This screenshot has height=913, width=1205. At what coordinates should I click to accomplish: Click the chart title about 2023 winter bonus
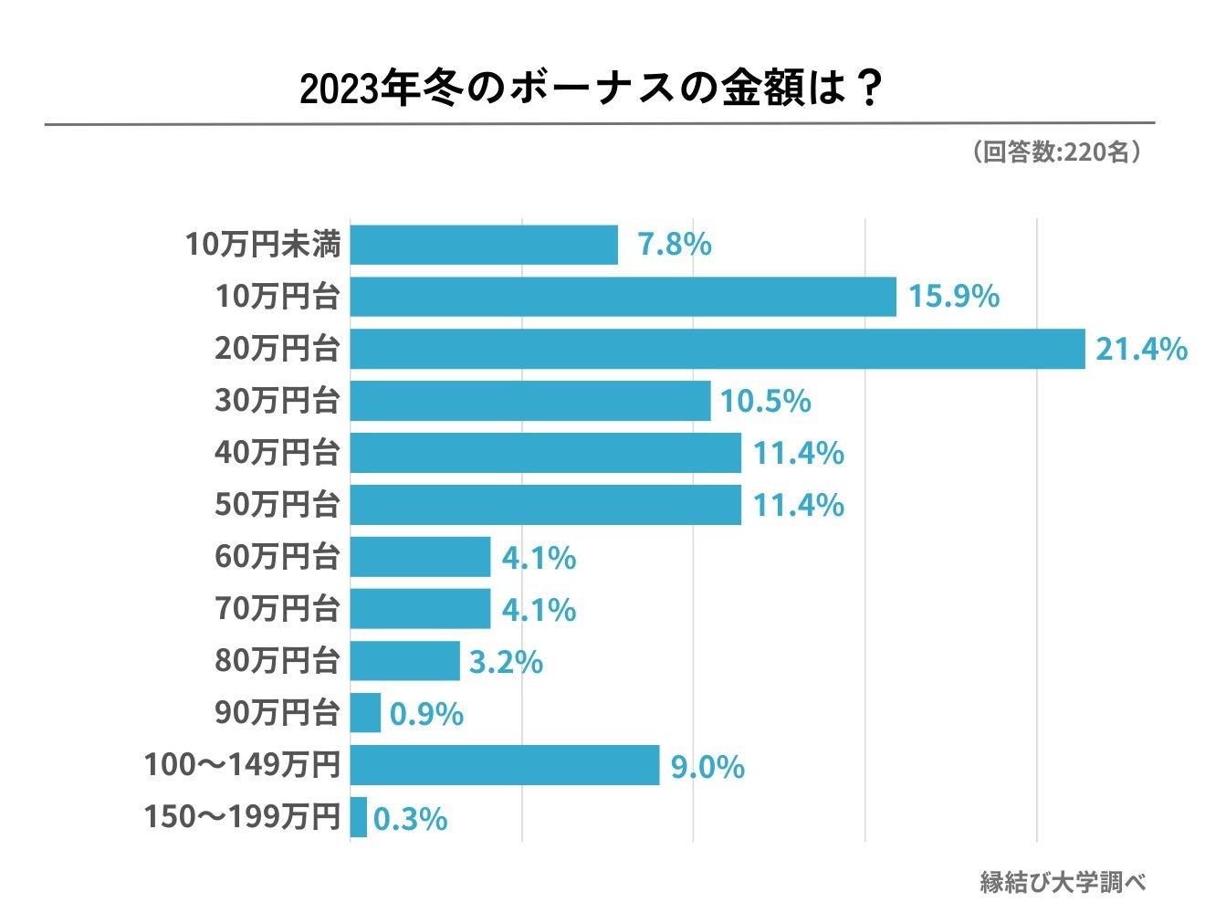point(591,89)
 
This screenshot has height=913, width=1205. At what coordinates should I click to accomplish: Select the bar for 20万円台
point(718,349)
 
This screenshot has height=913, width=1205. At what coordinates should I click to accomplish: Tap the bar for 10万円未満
point(484,245)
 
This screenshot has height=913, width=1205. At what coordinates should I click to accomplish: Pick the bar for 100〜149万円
point(505,765)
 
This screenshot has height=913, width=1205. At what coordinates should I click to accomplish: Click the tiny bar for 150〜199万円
point(359,817)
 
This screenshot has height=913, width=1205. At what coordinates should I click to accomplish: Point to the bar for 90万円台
point(365,713)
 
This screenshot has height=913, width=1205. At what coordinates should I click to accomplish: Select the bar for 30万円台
point(530,401)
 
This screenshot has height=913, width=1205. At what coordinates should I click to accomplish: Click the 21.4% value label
point(1141,349)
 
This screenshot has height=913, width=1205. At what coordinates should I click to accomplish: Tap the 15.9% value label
point(954,297)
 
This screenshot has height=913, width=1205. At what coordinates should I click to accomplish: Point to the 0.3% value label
point(411,819)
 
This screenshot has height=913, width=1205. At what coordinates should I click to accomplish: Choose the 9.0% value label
point(707,767)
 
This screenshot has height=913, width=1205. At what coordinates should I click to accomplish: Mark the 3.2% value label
point(506,663)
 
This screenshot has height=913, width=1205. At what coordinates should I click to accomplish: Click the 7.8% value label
point(675,245)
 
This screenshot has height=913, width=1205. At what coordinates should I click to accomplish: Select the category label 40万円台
point(277,453)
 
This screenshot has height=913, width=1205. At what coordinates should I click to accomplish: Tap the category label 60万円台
point(277,557)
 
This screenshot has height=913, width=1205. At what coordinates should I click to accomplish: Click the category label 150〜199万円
point(242,817)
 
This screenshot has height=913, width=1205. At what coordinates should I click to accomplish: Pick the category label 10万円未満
point(262,245)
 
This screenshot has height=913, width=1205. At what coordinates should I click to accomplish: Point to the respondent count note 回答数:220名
point(1057,152)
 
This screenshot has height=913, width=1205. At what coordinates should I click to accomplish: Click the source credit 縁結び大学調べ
point(1063,882)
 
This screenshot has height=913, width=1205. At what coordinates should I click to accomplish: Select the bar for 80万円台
point(405,661)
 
